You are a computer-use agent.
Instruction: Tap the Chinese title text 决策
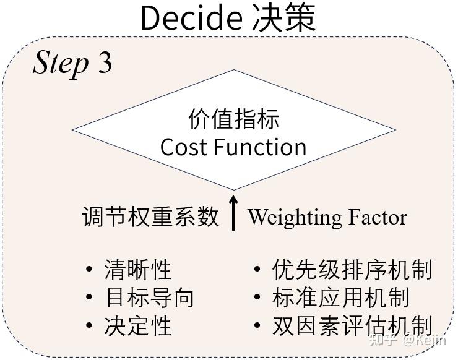pos(284,19)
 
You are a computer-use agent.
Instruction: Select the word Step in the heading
pos(61,62)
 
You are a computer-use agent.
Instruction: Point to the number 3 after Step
pos(105,62)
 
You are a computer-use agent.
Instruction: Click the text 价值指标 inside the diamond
pos(233,119)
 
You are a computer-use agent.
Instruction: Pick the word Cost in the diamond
pos(184,147)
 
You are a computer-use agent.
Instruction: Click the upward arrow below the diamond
pos(233,213)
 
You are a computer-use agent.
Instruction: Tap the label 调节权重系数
pos(151,217)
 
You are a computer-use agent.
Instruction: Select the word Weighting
pos(295,218)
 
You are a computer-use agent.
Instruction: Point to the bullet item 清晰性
pos(138,270)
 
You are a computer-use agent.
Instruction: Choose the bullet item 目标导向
pos(150,298)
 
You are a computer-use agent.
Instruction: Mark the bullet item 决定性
pos(138,326)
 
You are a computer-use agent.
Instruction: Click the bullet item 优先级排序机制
pos(352,270)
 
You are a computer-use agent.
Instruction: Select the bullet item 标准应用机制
pos(340,298)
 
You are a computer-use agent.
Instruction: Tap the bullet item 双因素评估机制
pos(352,326)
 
